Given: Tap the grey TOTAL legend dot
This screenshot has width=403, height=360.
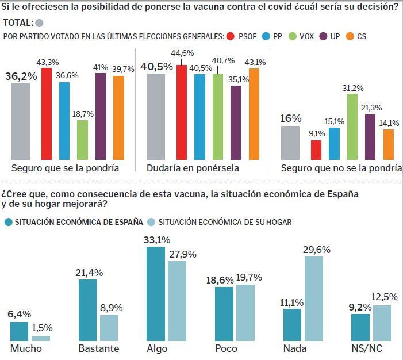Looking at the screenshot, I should pos(39,24).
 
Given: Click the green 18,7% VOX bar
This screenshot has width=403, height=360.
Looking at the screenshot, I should pos(82,140).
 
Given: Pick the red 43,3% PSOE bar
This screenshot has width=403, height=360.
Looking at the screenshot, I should pos(47,113).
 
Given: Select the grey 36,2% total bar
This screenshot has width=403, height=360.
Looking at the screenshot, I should pos(21,121).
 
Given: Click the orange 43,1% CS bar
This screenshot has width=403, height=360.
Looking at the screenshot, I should pos(254,114).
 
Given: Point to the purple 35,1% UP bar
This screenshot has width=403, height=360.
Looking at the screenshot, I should pos(236,122).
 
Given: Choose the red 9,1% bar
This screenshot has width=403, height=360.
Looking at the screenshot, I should pos(316,150).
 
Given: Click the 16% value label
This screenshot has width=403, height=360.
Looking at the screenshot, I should pos(291,118).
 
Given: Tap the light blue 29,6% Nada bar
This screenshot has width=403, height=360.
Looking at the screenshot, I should pos(313,299).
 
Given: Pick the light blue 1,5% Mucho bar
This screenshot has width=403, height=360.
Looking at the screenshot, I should pos(41,339).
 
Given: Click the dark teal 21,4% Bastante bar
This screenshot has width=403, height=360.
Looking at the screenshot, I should pos(87,311).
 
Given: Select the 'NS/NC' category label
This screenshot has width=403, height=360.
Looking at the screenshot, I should pos(368,349).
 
